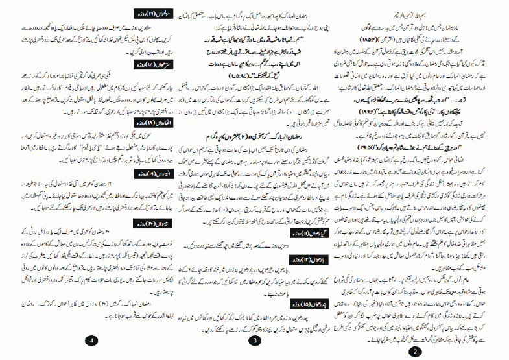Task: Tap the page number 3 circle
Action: pos(255,341)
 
